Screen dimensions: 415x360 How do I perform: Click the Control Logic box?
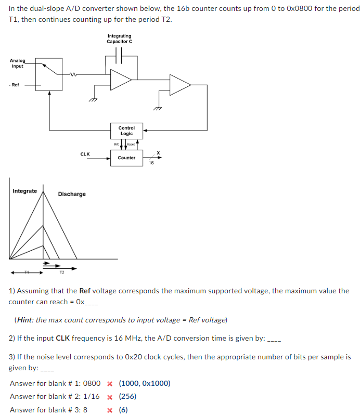pos(126,131)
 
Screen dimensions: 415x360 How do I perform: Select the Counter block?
pos(126,158)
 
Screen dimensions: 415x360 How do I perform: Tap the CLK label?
pos(85,154)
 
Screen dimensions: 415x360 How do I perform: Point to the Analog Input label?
pos(17,63)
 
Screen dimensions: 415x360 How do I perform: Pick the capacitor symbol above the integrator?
pos(120,55)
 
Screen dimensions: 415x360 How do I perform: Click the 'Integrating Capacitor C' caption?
pos(120,38)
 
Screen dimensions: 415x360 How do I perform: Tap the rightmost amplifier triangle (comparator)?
pos(178,85)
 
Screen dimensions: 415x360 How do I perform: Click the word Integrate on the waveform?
pos(24,191)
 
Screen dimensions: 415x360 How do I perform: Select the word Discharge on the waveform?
pos(72,194)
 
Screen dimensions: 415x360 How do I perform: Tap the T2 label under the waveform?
pos(62,273)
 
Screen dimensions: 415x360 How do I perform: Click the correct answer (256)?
pos(127,397)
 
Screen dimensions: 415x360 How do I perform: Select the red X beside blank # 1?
pos(110,384)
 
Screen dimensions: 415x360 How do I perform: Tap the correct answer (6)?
pos(123,410)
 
